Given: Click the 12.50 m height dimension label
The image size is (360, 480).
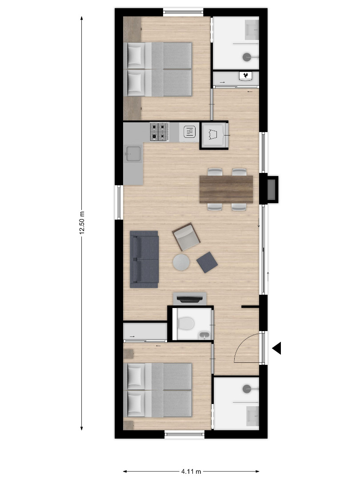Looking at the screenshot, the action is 82,223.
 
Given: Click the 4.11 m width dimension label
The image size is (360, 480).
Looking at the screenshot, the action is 191,472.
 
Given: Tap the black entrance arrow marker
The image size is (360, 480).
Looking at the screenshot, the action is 277,348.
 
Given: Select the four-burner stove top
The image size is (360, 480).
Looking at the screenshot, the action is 159,132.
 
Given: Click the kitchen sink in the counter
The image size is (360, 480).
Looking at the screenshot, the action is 133,154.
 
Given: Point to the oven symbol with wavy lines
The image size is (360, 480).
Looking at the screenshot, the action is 189,132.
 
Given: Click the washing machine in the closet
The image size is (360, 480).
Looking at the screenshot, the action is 214,135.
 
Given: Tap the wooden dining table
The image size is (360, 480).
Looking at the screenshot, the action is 226,189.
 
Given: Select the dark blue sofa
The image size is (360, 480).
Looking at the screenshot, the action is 144,259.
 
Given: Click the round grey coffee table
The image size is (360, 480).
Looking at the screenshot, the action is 181,262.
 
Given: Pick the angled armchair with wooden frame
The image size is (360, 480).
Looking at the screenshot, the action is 186,237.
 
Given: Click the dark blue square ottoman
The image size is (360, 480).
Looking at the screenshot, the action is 207,262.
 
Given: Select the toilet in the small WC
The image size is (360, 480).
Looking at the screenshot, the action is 186,323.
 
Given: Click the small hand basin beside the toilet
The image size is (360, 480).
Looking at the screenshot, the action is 204,336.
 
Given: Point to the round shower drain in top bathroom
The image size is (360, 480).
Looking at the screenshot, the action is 247,57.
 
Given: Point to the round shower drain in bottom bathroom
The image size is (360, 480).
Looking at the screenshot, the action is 247,389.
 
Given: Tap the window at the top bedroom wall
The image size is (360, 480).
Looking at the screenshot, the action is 183,12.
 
